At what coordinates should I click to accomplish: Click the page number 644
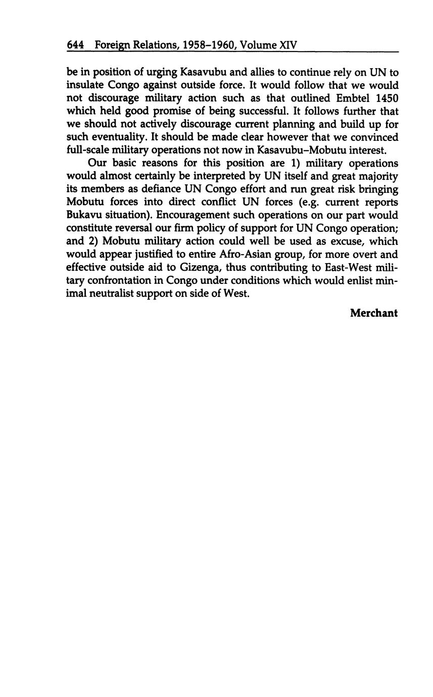coord(75,45)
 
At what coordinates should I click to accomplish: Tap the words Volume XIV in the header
coord(268,45)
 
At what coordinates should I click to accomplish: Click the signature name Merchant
coord(374,313)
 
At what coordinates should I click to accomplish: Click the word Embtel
coord(354,98)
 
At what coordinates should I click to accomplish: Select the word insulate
coord(85,85)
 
